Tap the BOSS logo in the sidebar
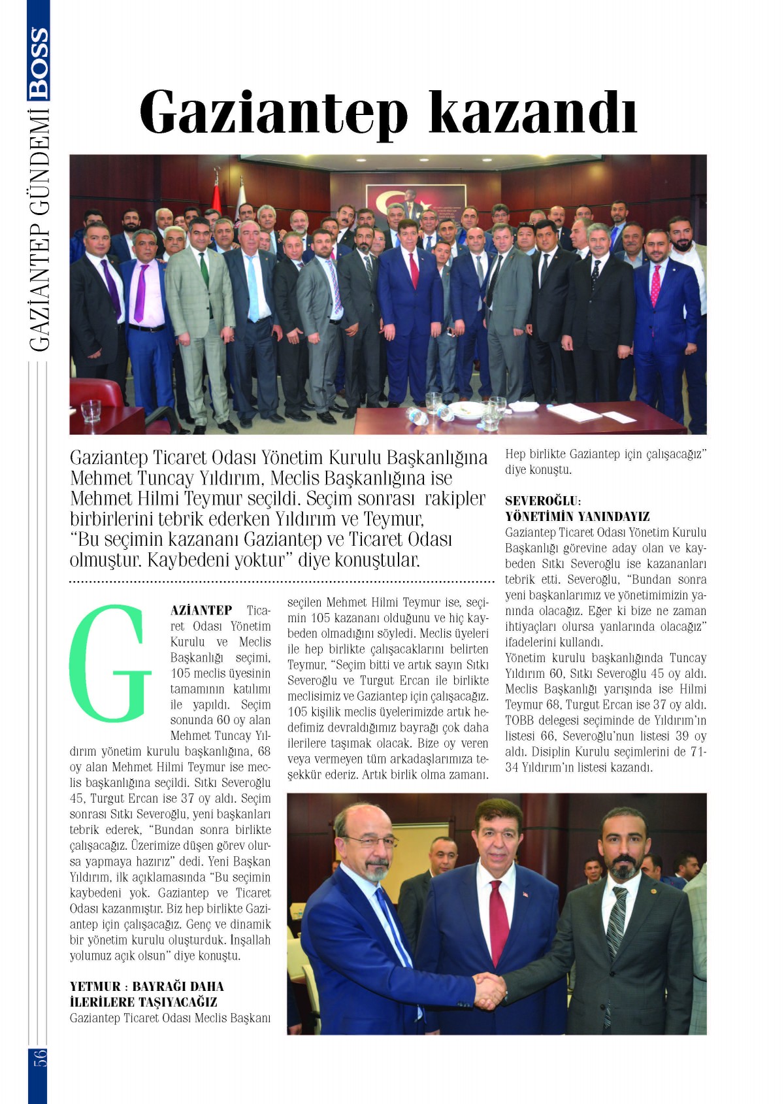(x=39, y=63)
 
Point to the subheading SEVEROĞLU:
(x=543, y=501)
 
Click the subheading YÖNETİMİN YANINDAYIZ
(x=577, y=516)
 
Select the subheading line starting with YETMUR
(x=146, y=986)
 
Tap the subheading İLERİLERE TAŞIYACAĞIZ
(x=143, y=1002)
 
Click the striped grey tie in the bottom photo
(x=615, y=922)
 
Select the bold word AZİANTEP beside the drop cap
(x=201, y=610)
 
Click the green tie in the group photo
(x=204, y=271)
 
